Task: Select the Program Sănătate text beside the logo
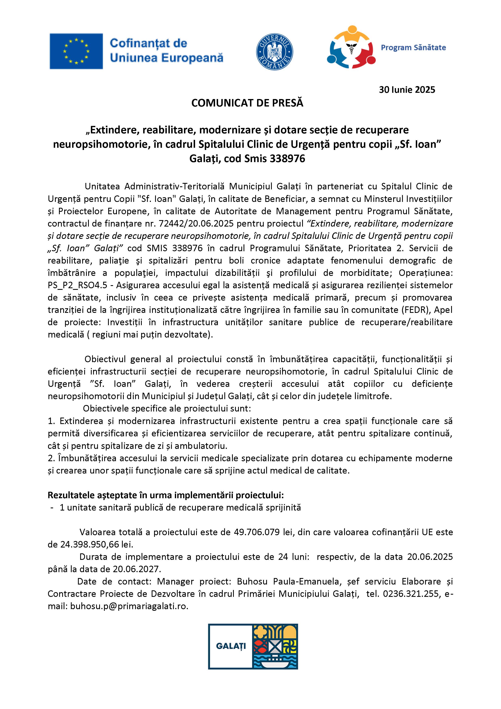pyautogui.click(x=413, y=47)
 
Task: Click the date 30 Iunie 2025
pyautogui.click(x=407, y=90)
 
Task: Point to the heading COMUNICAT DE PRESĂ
pyautogui.click(x=247, y=103)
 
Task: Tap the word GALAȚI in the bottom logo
pyautogui.click(x=231, y=646)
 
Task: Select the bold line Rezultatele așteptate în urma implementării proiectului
pyautogui.click(x=165, y=495)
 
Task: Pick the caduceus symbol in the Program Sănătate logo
pyautogui.click(x=351, y=47)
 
